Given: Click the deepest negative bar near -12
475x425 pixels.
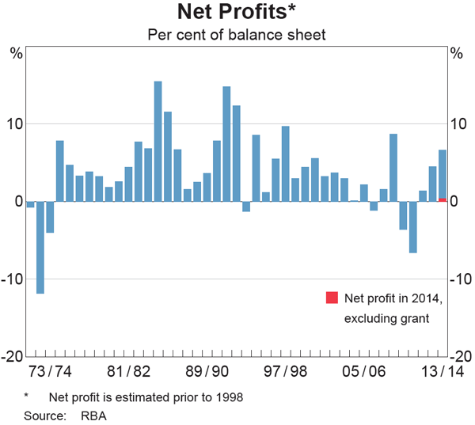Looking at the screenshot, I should click(x=40, y=248).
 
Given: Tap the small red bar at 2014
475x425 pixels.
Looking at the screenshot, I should click(x=443, y=199).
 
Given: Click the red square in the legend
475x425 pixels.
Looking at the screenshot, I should click(x=332, y=298).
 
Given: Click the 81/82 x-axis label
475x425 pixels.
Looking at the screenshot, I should click(x=128, y=372).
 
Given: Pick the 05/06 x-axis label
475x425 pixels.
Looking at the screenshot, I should click(x=364, y=372).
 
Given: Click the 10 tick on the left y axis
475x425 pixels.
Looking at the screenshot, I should click(x=16, y=124).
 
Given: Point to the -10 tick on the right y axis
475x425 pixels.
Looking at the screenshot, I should click(x=461, y=279).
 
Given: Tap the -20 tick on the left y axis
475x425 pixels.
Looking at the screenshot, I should click(x=13, y=357).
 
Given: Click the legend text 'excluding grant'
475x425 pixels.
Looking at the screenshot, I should click(x=386, y=319).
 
